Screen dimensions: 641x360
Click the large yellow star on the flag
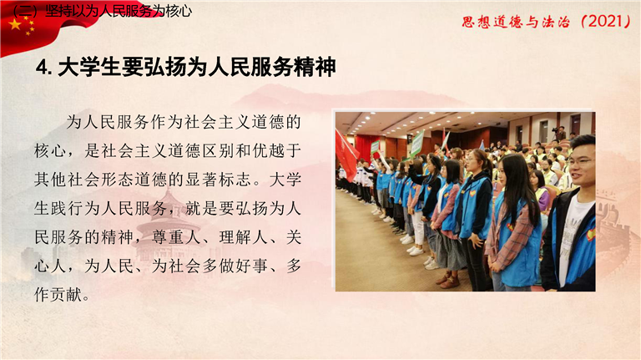[x=15, y=24]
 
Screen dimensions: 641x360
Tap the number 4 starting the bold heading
[x=41, y=67]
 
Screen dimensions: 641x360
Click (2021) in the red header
[x=606, y=21]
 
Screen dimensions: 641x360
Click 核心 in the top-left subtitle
[x=179, y=11]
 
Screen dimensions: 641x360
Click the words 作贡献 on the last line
[x=58, y=295]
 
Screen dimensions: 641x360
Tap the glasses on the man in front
[x=580, y=162]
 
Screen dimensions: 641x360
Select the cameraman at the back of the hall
[x=560, y=133]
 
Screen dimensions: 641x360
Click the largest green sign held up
[x=417, y=144]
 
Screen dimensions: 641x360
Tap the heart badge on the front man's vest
[x=591, y=235]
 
